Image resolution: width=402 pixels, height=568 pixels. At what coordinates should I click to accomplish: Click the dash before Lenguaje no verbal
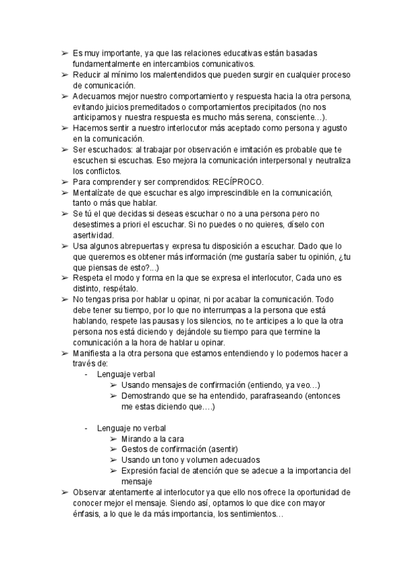(86, 427)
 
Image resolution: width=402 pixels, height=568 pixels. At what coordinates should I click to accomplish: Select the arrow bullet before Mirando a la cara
(113, 438)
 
